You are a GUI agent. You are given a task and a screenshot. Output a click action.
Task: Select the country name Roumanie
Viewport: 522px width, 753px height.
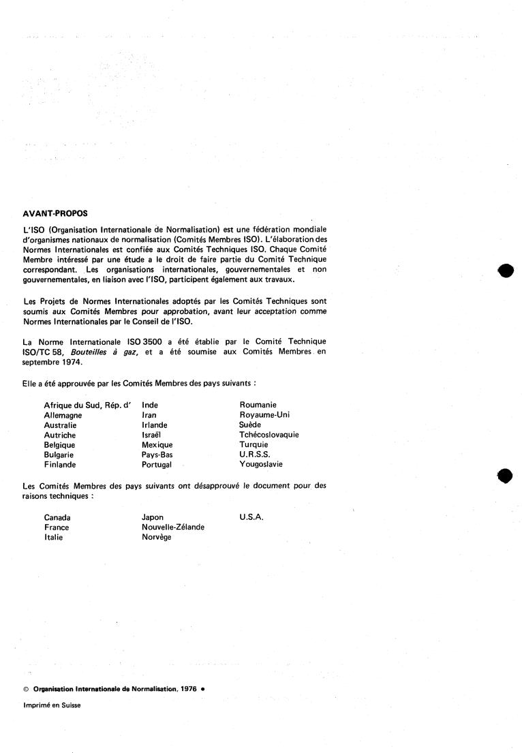coord(258,404)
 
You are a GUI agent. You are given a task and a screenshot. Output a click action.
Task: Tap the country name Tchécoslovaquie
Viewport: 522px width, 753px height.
coord(269,434)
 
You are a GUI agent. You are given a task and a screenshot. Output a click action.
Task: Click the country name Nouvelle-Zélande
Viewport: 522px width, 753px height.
coord(173,527)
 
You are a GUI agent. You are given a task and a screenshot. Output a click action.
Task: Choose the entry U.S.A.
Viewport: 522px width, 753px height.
coord(251,517)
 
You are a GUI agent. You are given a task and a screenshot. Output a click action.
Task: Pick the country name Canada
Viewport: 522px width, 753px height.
coord(57,517)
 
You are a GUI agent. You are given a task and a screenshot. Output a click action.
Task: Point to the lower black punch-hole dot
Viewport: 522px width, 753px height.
coord(505,475)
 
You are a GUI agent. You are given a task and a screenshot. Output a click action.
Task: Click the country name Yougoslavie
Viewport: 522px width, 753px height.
coord(261,464)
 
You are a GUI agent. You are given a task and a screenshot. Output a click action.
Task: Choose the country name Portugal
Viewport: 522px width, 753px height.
coord(157,464)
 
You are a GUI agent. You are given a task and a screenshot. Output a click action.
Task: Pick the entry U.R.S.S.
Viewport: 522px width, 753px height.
coord(255,454)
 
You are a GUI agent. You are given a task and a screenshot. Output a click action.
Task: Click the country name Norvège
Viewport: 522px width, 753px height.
coord(156,537)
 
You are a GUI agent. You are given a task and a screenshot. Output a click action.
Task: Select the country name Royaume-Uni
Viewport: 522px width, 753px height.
coord(264,414)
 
